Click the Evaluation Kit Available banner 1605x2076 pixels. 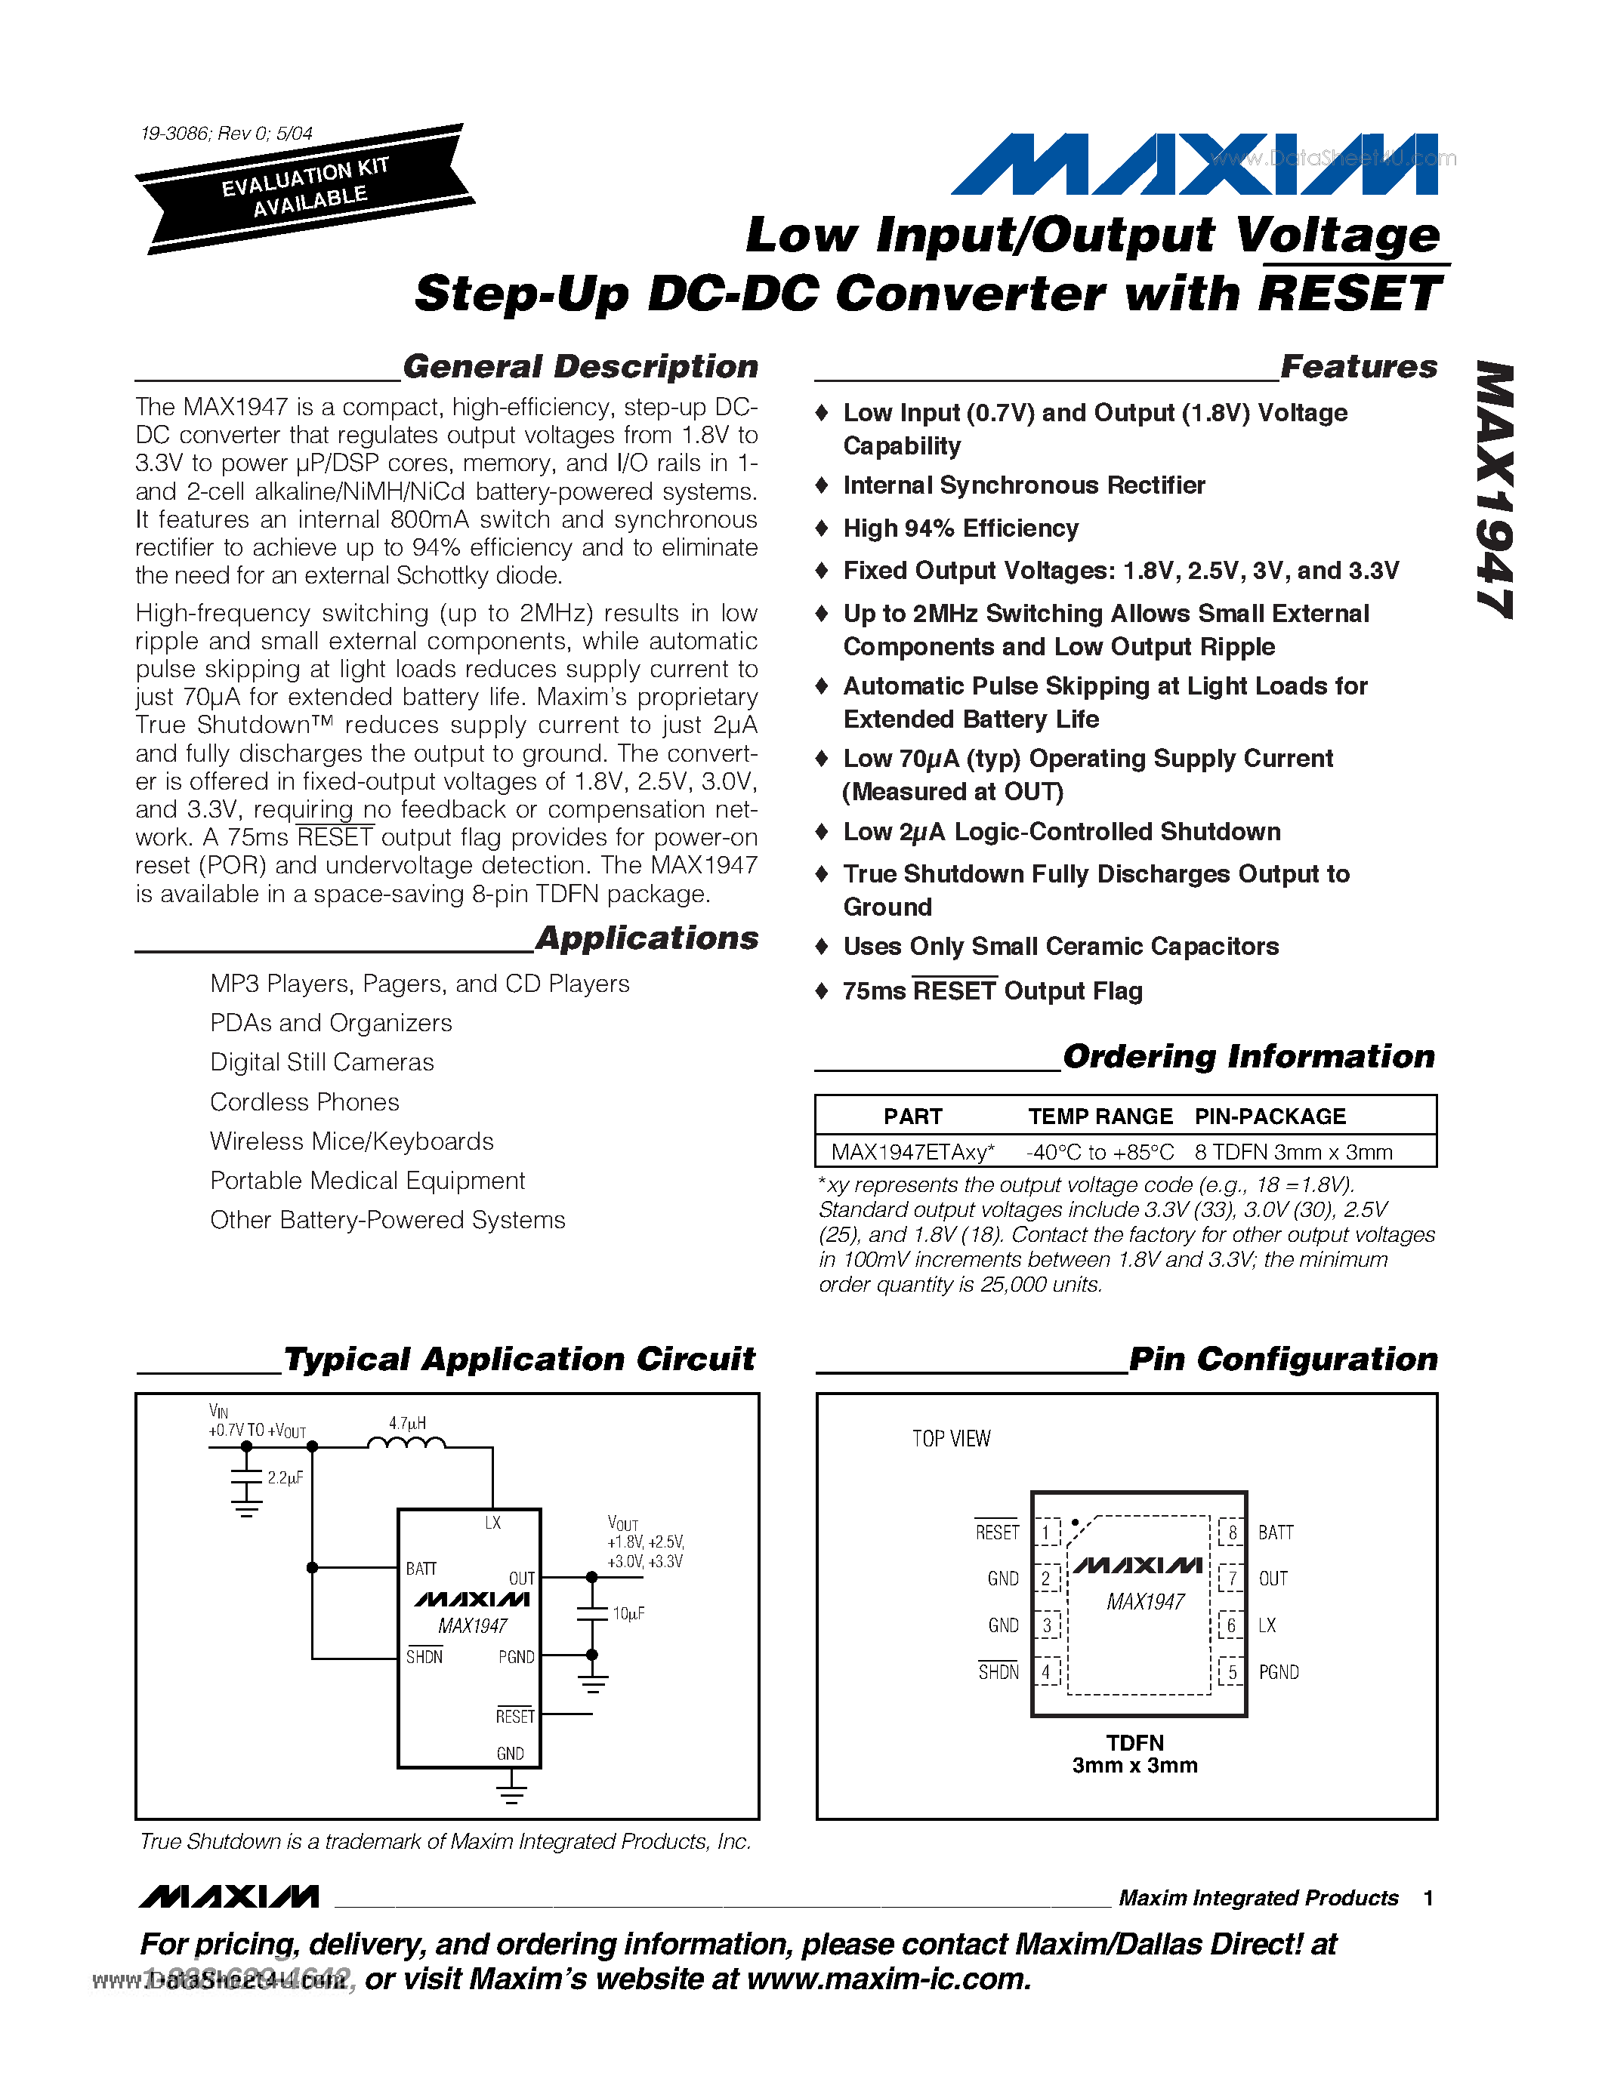point(305,187)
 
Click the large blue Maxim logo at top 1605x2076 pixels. point(1194,165)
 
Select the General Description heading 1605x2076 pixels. point(580,367)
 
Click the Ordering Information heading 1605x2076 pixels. point(1249,1056)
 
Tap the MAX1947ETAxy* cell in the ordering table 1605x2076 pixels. point(912,1152)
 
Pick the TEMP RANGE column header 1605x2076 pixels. point(1100,1116)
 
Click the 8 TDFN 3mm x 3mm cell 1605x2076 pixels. point(1293,1152)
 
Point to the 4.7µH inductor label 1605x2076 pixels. point(407,1423)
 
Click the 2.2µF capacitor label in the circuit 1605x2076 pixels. point(284,1478)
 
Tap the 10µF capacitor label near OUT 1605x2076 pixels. point(628,1613)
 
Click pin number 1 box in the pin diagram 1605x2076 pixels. point(1047,1532)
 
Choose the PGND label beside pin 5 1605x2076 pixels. point(1278,1672)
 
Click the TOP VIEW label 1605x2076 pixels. point(951,1439)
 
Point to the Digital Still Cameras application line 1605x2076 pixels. point(322,1061)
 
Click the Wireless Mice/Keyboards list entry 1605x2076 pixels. point(352,1141)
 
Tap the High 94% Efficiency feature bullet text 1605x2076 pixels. point(960,528)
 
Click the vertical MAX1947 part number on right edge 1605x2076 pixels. point(1495,489)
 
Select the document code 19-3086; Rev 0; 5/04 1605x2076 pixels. point(227,133)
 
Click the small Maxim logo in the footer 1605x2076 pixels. point(228,1897)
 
